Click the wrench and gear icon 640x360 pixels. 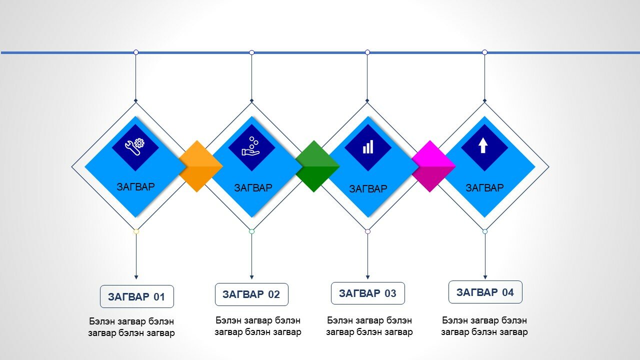click(135, 147)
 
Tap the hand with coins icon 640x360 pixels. click(250, 146)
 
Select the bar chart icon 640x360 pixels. click(367, 147)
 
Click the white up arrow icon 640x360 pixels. click(483, 145)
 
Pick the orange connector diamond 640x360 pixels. click(200, 166)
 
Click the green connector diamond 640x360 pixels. click(317, 166)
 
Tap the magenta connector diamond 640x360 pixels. click(433, 166)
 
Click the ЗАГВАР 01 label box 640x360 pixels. click(137, 296)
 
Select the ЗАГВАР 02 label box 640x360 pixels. click(251, 294)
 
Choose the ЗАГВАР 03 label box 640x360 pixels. click(367, 293)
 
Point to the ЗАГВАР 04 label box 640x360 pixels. click(485, 292)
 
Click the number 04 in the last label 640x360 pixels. click(508, 292)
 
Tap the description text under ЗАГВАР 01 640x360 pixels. click(131, 327)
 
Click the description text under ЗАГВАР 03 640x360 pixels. click(369, 326)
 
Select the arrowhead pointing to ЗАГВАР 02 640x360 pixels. click(251, 277)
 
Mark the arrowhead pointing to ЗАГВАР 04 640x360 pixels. click(485, 277)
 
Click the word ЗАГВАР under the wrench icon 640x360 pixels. click(135, 187)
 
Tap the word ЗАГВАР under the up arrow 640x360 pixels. click(484, 188)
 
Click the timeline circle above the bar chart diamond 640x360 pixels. click(367, 52)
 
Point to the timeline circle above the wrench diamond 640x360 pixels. click(136, 52)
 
